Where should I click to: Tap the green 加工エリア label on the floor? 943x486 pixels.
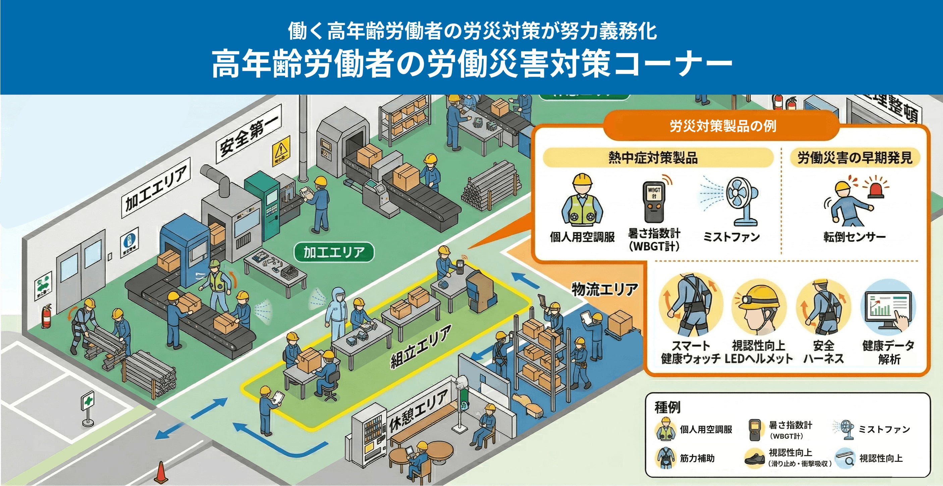pyautogui.click(x=334, y=252)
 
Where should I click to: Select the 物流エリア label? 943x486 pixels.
pyautogui.click(x=604, y=290)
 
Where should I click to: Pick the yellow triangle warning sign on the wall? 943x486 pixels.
pyautogui.click(x=281, y=150)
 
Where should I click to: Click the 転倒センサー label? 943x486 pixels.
pyautogui.click(x=854, y=237)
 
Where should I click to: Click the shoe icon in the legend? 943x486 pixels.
pyautogui.click(x=755, y=458)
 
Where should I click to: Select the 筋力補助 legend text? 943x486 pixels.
pyautogui.click(x=697, y=458)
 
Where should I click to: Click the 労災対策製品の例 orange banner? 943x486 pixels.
pyautogui.click(x=723, y=126)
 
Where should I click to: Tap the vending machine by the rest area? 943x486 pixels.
pyautogui.click(x=370, y=436)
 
